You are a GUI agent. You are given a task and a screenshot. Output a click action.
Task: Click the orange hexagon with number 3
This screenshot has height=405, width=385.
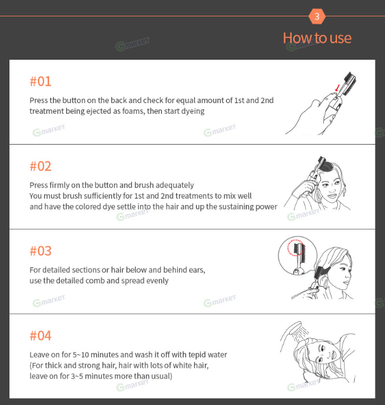pyautogui.click(x=317, y=16)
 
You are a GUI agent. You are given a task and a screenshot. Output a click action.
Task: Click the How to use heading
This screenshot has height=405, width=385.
pyautogui.click(x=317, y=38)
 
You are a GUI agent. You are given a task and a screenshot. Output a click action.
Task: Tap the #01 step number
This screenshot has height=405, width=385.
pyautogui.click(x=40, y=81)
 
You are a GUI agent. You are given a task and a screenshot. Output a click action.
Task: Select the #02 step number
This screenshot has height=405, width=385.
pyautogui.click(x=40, y=166)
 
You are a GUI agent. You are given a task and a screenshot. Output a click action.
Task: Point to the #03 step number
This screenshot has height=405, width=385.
pyautogui.click(x=40, y=251)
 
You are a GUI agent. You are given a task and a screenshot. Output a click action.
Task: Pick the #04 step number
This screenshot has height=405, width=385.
pyautogui.click(x=40, y=336)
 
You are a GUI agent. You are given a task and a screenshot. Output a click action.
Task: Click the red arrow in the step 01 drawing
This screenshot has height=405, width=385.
pyautogui.click(x=337, y=87)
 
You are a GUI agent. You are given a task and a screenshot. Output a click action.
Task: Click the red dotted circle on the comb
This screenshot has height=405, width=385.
pyautogui.click(x=296, y=247)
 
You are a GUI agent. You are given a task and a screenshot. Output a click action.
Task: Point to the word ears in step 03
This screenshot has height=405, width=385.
pyautogui.click(x=197, y=270)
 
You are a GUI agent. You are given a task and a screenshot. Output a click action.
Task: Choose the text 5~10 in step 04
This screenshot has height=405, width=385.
pyautogui.click(x=81, y=355)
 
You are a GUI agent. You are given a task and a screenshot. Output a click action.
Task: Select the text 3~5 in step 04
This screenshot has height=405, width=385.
pyautogui.click(x=77, y=376)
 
